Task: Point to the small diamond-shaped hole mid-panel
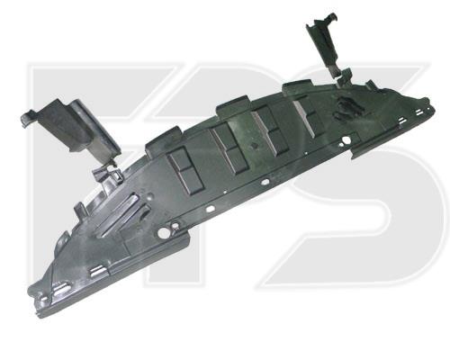255,146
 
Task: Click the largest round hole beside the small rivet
162,232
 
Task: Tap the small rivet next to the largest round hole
175,226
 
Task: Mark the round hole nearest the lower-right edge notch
346,139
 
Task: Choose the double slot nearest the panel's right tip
418,112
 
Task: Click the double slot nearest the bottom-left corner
62,287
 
